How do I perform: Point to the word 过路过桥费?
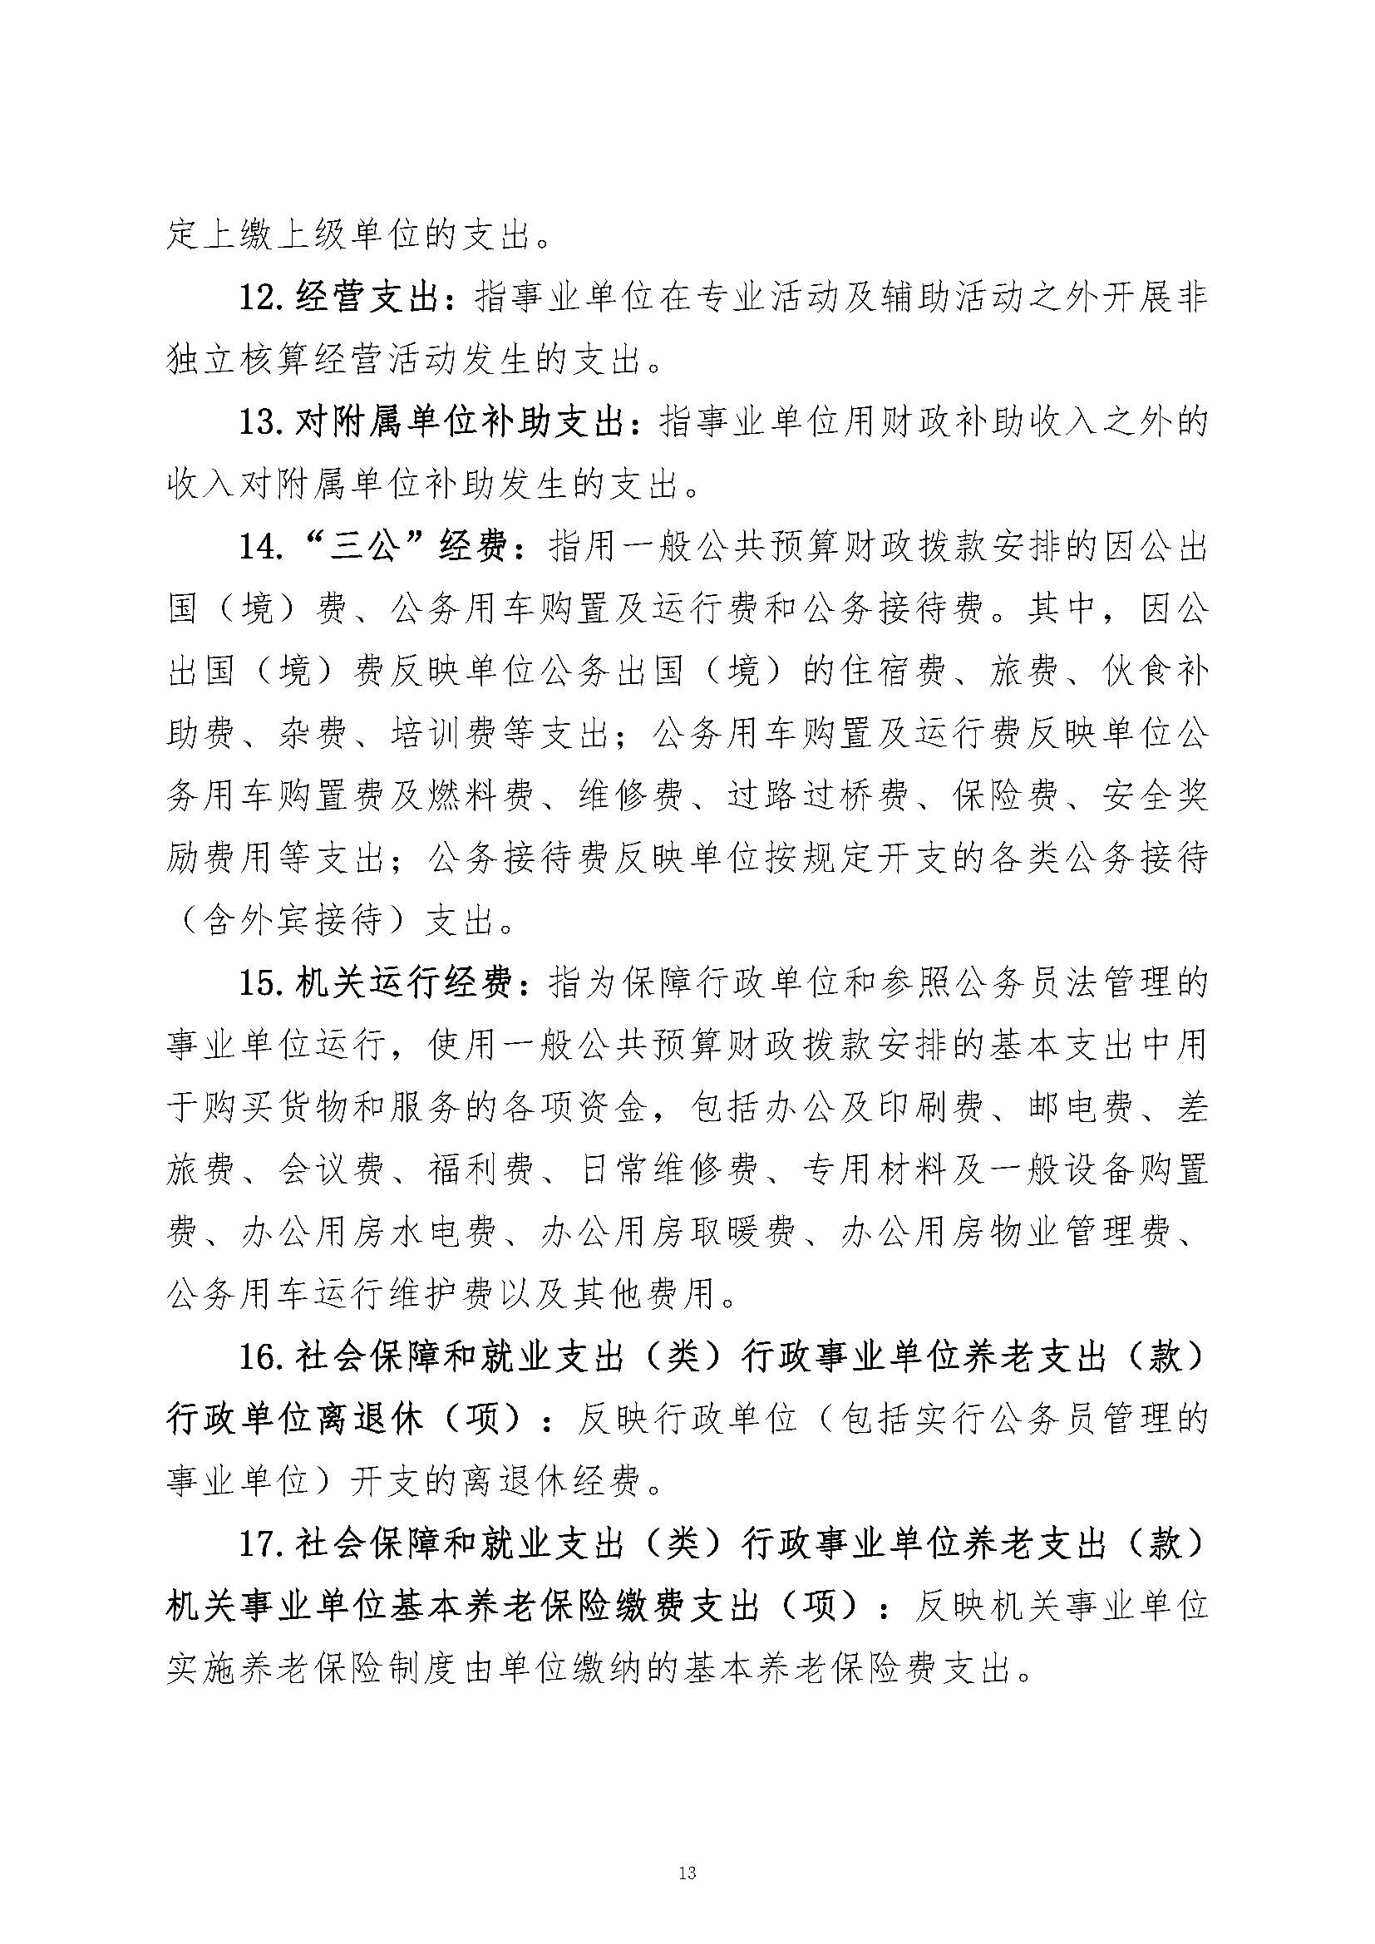coord(816,795)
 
